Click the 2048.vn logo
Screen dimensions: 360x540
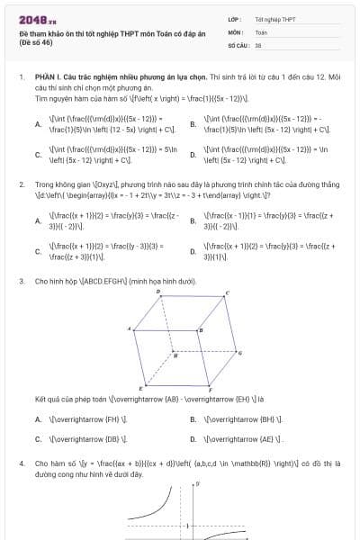[x=37, y=19]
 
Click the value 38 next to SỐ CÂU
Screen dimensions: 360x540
[x=258, y=43]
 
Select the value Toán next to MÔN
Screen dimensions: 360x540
[x=261, y=31]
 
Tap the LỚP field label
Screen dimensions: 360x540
[x=234, y=18]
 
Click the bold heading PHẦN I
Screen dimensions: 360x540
[x=48, y=77]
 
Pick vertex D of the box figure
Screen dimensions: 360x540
[x=160, y=293]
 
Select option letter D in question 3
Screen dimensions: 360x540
[x=193, y=439]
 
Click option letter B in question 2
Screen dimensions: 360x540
[x=193, y=220]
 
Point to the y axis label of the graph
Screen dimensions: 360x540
[x=197, y=485]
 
